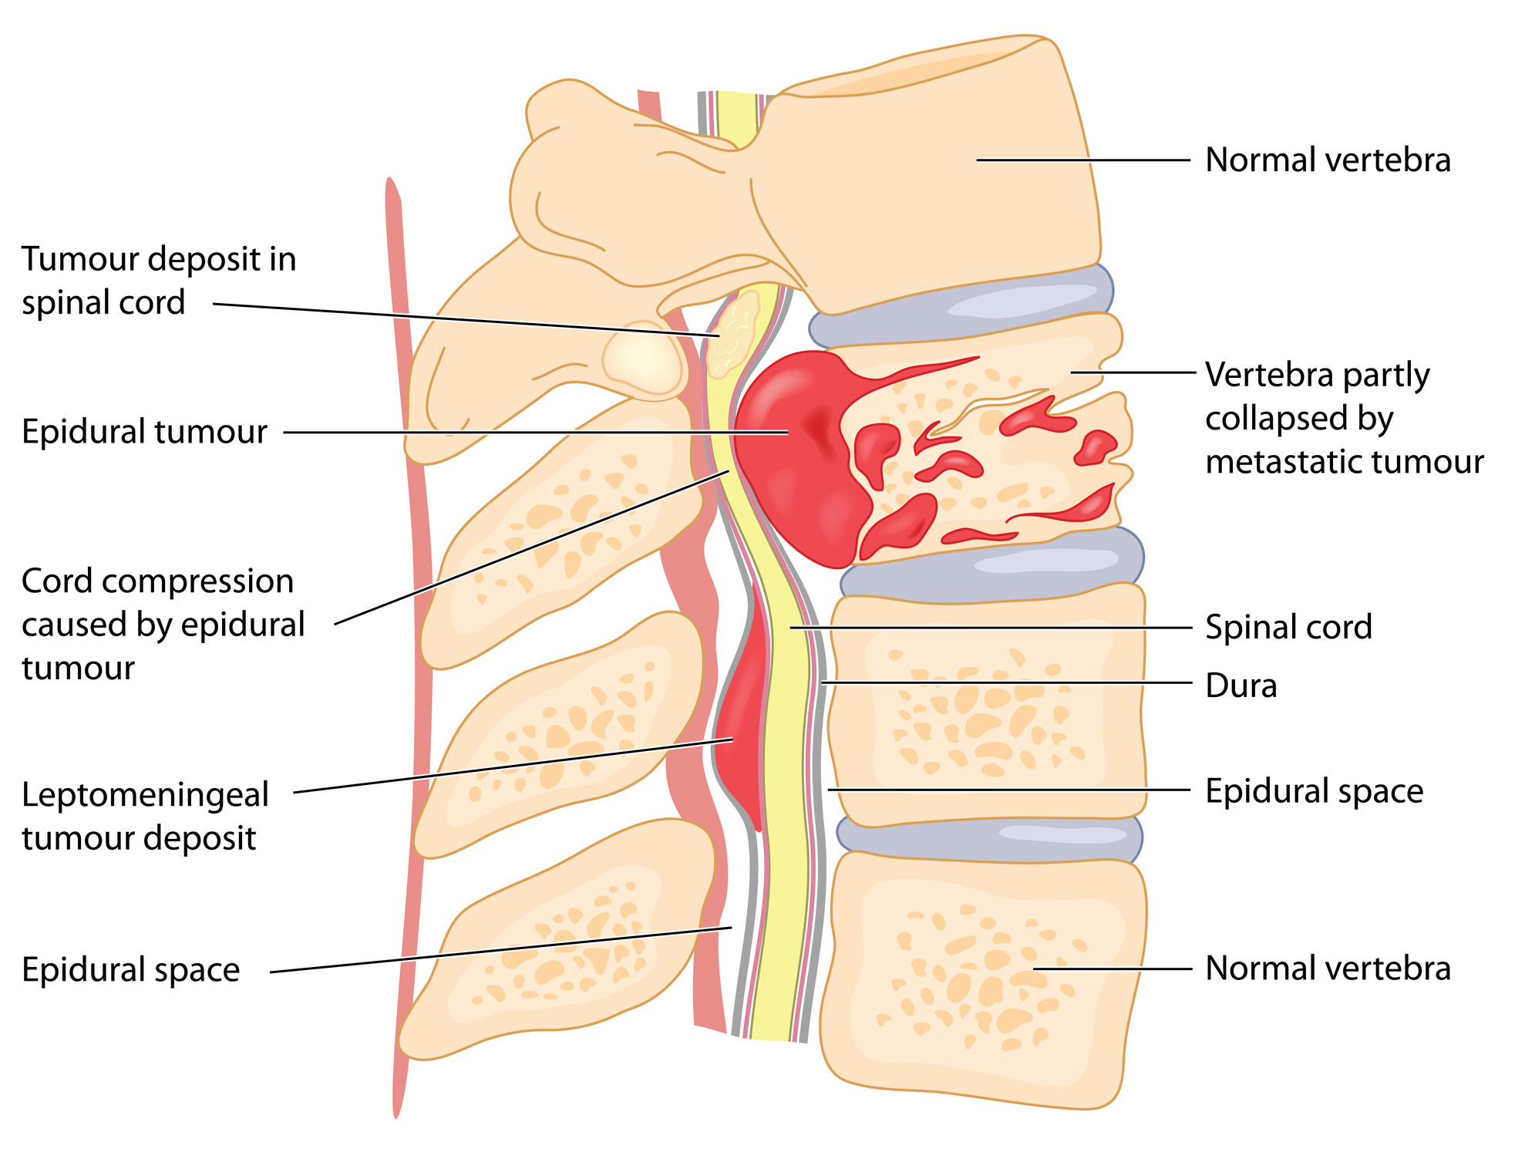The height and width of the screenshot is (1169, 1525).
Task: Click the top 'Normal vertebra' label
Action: [1327, 160]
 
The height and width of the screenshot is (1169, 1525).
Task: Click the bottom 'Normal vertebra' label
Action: [1327, 969]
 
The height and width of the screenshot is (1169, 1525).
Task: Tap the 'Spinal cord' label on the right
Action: [1288, 627]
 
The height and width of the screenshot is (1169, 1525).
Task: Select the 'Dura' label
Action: [1241, 686]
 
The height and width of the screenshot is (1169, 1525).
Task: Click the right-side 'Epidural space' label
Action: [1314, 791]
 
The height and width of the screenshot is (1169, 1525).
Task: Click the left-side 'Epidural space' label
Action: [130, 970]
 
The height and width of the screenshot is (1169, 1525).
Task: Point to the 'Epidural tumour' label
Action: [144, 432]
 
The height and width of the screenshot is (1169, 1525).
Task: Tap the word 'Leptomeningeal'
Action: [145, 795]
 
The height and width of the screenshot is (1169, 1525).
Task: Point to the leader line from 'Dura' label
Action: [1002, 683]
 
